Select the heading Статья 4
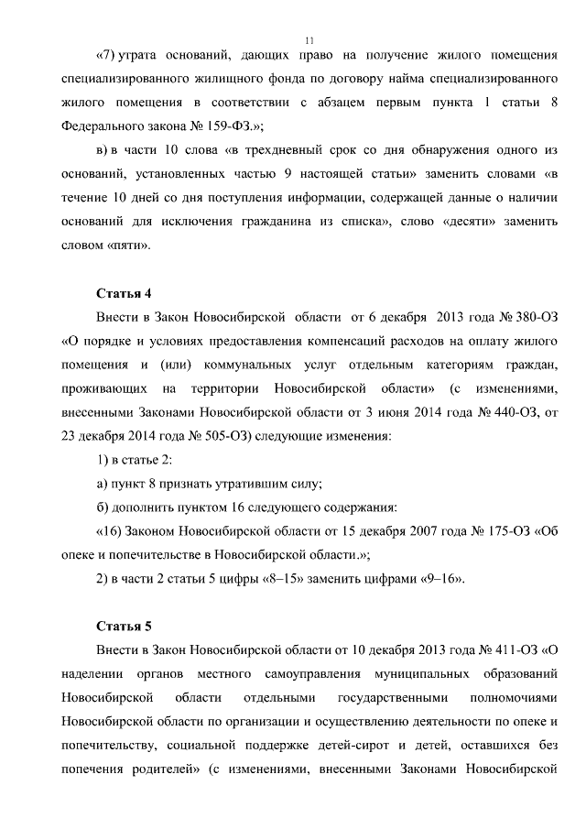[124, 293]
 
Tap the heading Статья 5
[124, 627]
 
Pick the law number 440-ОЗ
[507, 412]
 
